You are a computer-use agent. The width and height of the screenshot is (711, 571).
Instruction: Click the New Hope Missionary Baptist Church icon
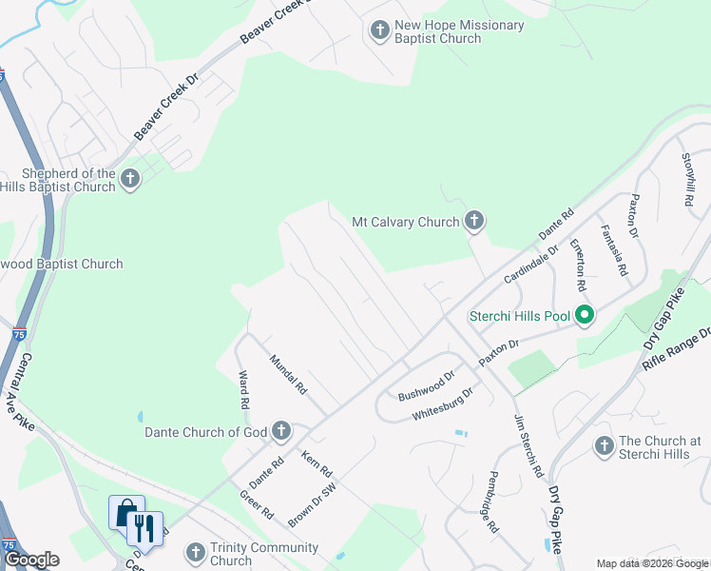[379, 31]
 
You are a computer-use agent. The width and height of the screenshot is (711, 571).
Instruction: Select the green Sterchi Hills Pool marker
[585, 316]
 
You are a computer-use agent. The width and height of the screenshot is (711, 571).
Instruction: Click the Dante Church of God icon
[281, 432]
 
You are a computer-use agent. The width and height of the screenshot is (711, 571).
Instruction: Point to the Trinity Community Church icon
[195, 553]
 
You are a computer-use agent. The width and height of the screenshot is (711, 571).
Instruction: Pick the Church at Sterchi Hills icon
[604, 445]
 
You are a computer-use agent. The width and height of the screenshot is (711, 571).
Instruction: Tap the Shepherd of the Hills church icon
[130, 179]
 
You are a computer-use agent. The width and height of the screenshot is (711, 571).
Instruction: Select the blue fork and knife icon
[144, 528]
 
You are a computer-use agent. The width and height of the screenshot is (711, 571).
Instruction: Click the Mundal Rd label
[288, 375]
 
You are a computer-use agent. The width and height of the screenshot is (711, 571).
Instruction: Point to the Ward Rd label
[244, 389]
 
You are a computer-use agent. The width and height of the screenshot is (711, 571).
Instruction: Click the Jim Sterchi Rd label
[528, 445]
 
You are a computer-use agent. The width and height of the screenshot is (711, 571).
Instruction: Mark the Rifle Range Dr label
[678, 349]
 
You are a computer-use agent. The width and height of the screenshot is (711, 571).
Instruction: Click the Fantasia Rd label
[613, 250]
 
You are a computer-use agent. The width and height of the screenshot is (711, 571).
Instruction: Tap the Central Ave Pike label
[28, 391]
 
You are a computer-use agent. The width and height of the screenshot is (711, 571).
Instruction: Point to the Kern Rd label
[317, 463]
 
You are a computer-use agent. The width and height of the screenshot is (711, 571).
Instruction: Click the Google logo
[31, 560]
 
